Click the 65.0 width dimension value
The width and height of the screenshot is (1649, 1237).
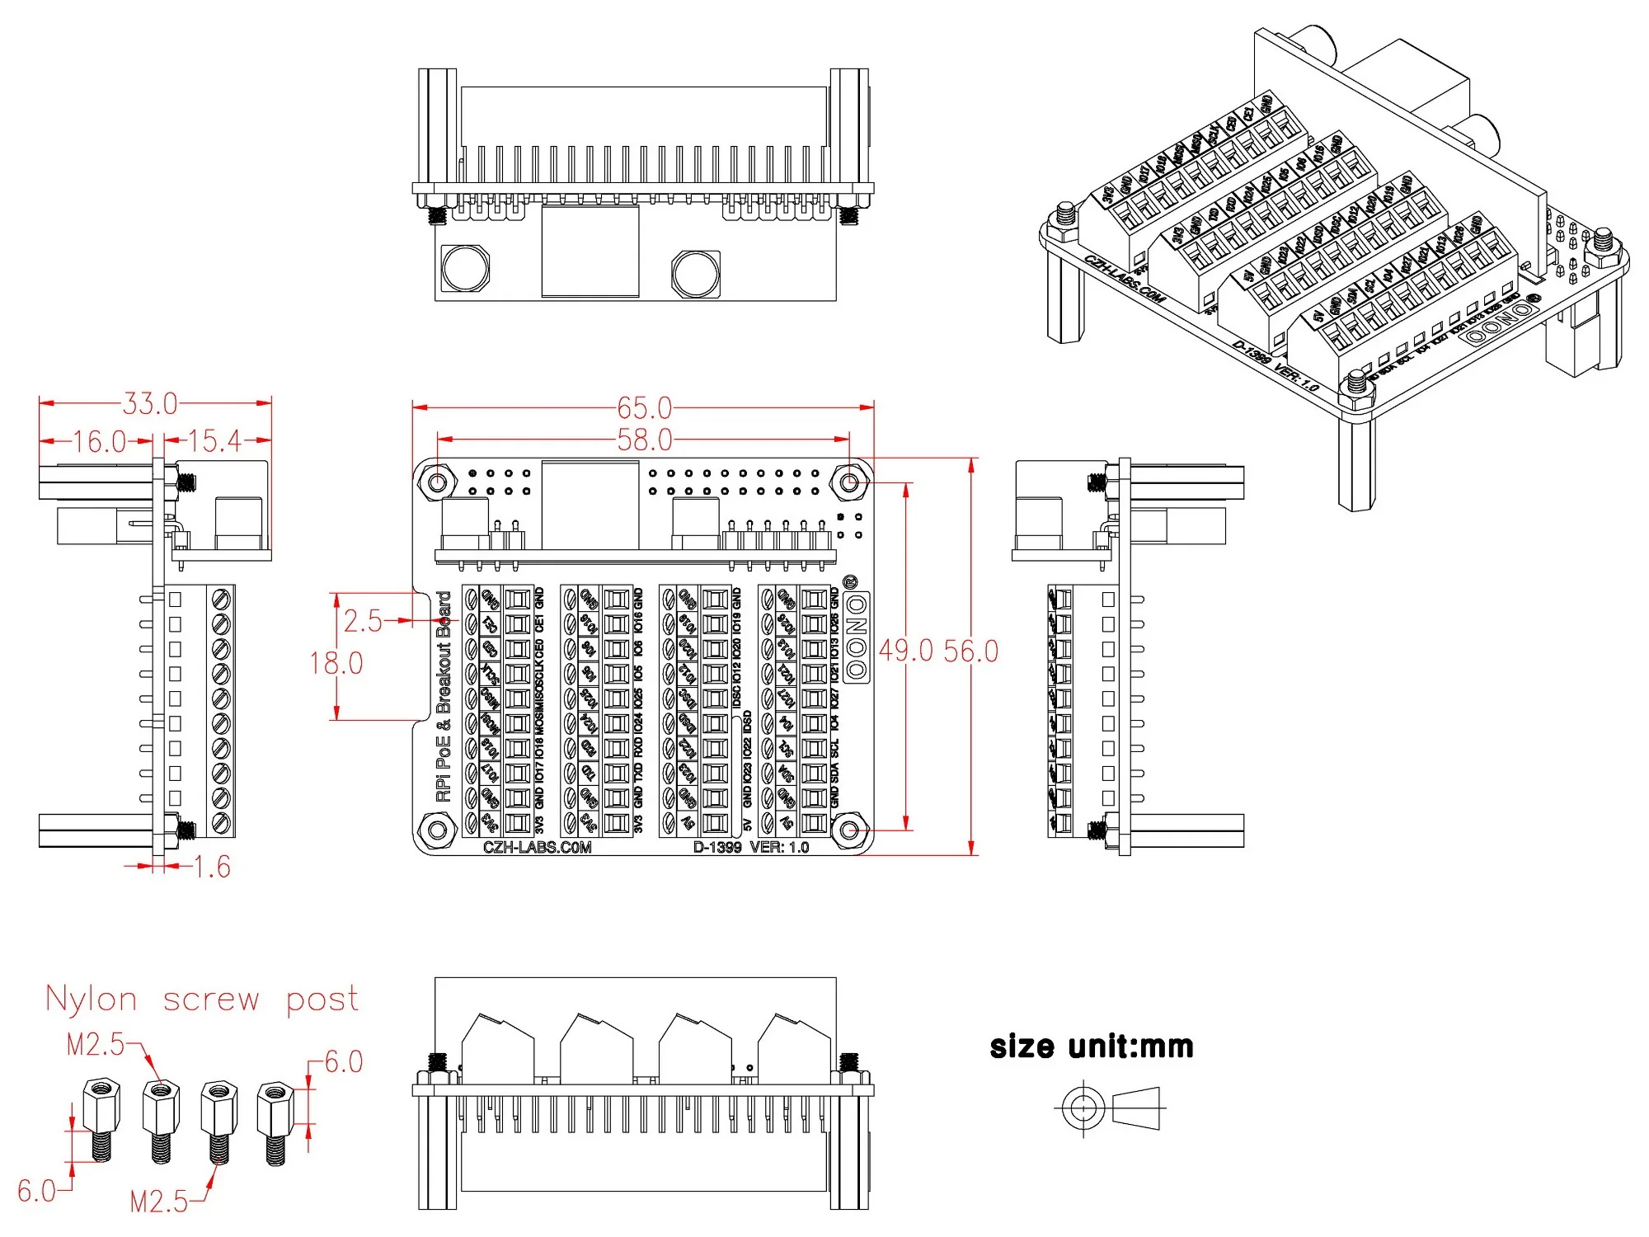click(645, 407)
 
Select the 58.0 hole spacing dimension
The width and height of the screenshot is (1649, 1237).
click(645, 440)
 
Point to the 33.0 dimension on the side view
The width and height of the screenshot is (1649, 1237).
click(150, 403)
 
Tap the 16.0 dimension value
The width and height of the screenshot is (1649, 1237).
click(99, 441)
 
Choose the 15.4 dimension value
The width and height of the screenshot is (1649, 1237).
click(214, 440)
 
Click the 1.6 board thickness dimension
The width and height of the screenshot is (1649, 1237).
click(211, 867)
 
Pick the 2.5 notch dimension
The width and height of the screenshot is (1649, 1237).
click(363, 621)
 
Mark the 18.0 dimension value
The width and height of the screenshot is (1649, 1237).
click(336, 663)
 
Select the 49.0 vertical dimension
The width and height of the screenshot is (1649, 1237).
click(905, 651)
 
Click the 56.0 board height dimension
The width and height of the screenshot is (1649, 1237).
click(971, 651)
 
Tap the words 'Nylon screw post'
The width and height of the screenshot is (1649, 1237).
click(202, 999)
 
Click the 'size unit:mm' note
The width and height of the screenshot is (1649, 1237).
click(1092, 1047)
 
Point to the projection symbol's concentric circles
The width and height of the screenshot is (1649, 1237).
click(1083, 1108)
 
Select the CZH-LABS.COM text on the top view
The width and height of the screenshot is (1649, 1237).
click(537, 847)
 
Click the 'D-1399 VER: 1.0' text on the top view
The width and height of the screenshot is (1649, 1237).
click(750, 847)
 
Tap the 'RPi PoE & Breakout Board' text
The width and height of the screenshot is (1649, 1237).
click(444, 696)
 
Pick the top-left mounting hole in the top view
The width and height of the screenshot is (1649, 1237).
click(437, 481)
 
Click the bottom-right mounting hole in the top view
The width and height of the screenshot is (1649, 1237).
click(850, 829)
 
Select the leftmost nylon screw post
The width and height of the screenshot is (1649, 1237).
click(101, 1117)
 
